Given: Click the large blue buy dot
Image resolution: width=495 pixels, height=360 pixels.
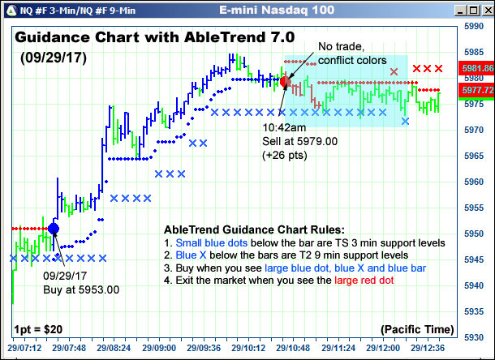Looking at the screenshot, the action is coord(54,228).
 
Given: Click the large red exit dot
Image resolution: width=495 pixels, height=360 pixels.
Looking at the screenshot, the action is coord(285,82).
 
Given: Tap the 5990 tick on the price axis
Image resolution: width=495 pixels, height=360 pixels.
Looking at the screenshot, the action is coord(474,26).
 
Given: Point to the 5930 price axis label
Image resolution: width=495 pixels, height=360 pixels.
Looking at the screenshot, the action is coord(474,337).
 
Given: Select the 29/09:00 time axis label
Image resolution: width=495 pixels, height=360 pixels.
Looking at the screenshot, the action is coord(159,348).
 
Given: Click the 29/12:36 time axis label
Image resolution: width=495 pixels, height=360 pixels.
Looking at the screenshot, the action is coord(428,348).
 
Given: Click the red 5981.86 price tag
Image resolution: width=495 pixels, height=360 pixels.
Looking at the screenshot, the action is coord(476,68).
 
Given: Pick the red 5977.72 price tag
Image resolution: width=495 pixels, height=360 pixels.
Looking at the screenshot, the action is coord(476,90).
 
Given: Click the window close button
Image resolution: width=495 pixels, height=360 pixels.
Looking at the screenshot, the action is coord(489,11).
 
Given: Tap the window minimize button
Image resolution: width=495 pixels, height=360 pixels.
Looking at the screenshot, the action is coord(460,11).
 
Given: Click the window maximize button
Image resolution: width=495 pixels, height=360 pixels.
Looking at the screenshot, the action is coord(474,11).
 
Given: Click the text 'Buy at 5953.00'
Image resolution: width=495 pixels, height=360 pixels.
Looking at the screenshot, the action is coord(81,289).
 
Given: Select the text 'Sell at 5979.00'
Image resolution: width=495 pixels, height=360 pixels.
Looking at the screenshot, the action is coord(300,141).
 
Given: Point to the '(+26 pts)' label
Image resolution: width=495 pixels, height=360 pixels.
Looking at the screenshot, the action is coord(285,155).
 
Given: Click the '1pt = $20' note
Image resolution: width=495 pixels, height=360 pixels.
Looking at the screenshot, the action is coord(38,330).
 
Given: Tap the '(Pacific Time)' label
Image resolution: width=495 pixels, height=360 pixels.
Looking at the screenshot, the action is coord(417,330).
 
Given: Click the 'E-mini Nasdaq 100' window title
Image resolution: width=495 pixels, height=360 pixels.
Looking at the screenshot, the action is coord(277,10).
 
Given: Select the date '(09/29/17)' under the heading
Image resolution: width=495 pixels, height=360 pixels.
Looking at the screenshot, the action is coord(54,58).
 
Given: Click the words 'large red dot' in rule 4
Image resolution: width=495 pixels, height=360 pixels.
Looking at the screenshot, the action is coord(364,281).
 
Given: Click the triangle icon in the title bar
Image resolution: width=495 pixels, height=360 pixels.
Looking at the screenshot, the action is coord(11,11).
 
